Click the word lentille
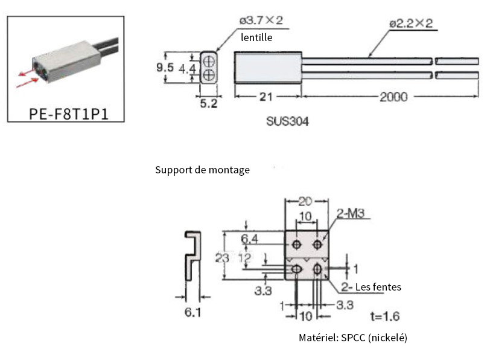(256, 37)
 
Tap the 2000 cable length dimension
(393, 97)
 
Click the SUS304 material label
(287, 121)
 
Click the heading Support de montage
(202, 170)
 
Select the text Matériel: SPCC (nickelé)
(352, 338)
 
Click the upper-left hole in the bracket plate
(297, 244)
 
